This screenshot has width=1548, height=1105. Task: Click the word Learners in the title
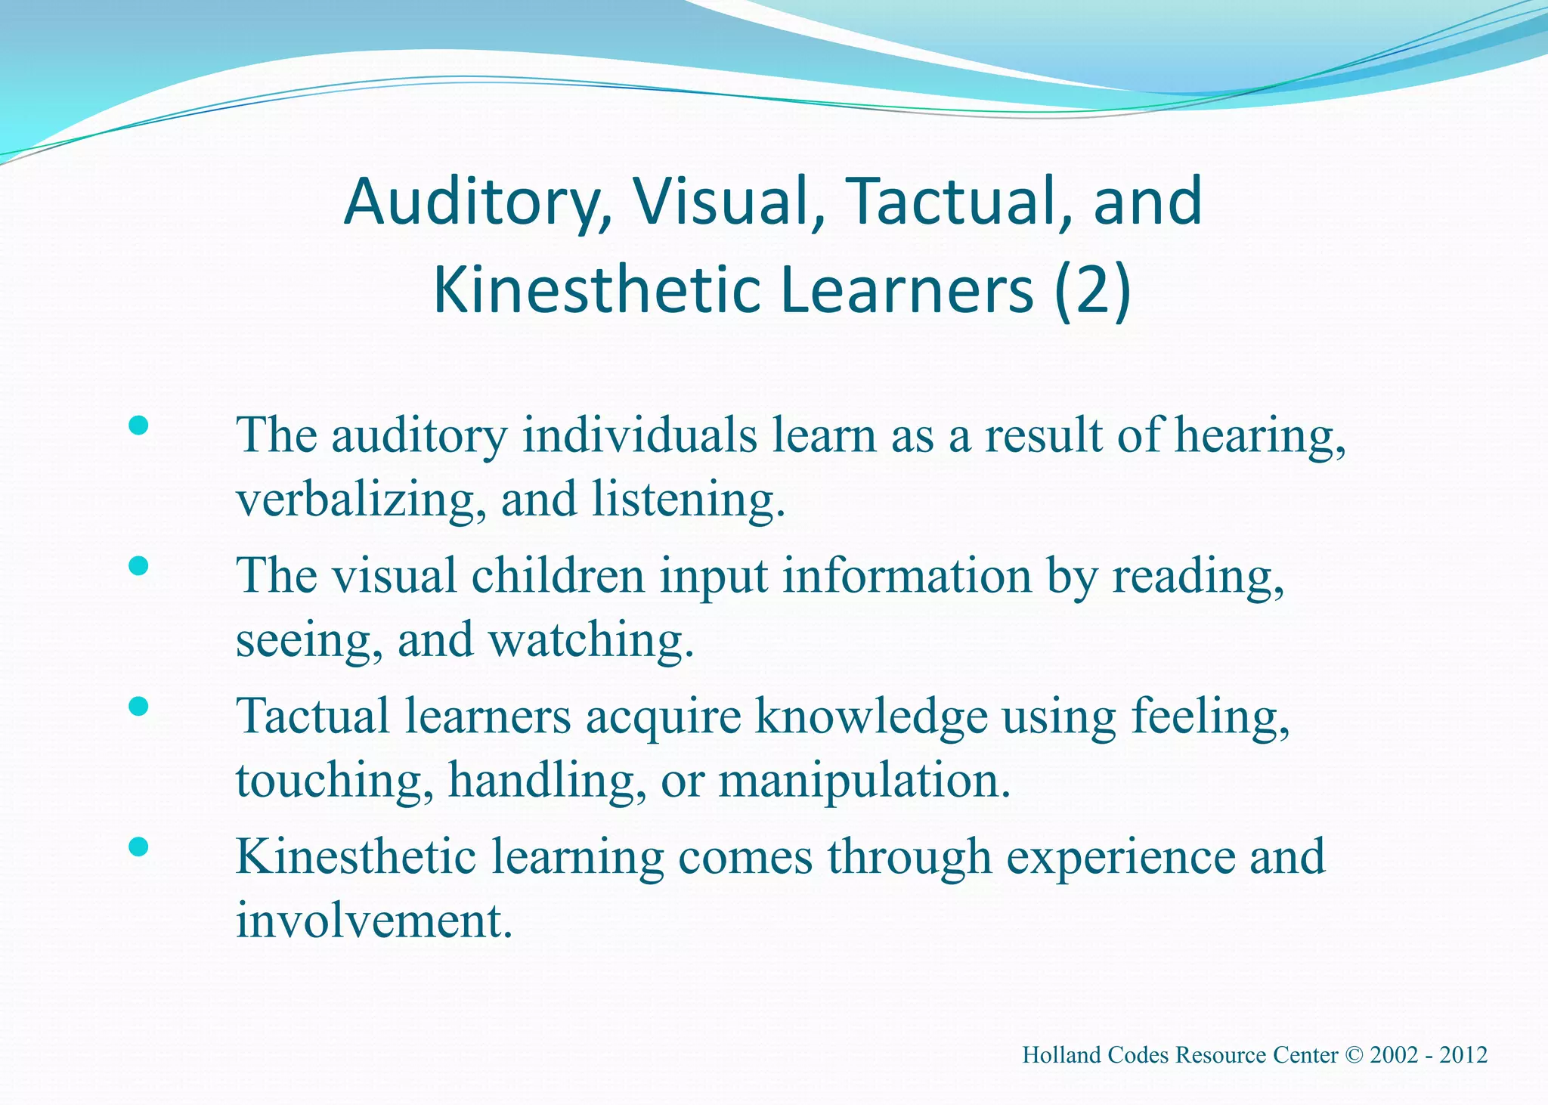pyautogui.click(x=907, y=291)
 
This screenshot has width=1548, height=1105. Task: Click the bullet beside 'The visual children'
pyautogui.click(x=138, y=566)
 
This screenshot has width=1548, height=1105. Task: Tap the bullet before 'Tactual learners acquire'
pyautogui.click(x=138, y=706)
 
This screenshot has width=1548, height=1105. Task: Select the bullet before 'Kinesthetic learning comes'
pyautogui.click(x=138, y=847)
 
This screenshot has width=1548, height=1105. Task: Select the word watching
pyautogui.click(x=591, y=641)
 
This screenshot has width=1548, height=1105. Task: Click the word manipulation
pyautogui.click(x=864, y=781)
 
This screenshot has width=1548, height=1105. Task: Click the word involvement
pyautogui.click(x=374, y=921)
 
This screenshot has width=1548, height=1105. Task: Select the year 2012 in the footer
pyautogui.click(x=1463, y=1055)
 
